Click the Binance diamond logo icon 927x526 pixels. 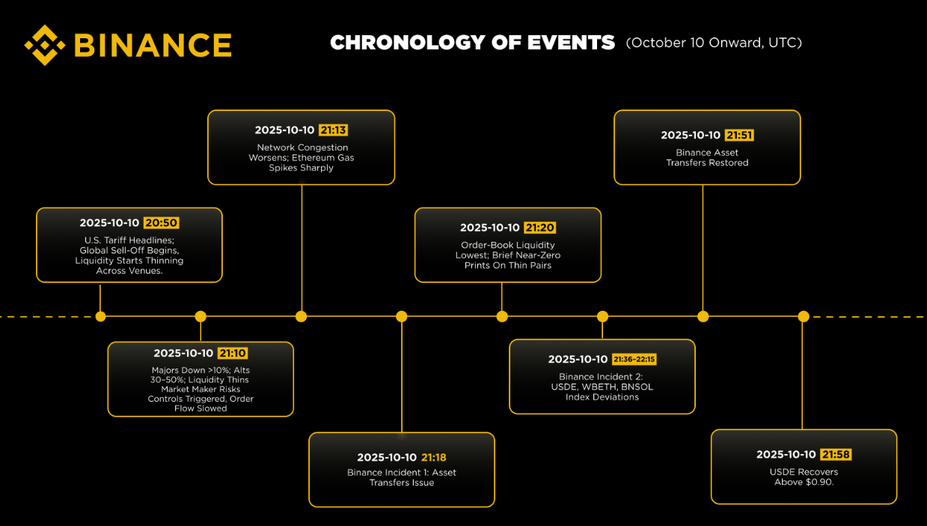(45, 45)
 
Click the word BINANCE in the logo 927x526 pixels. (153, 45)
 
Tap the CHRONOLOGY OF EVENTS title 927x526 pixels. (472, 43)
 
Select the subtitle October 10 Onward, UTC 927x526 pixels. (714, 43)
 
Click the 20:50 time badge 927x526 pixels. (162, 223)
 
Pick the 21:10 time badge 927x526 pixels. (233, 354)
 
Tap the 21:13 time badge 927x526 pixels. (333, 130)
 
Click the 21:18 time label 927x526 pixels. (434, 458)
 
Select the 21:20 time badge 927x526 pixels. (540, 228)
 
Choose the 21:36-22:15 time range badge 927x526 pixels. (634, 360)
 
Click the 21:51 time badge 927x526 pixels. (739, 136)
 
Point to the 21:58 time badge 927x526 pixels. (836, 455)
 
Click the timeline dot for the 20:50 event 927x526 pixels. (100, 316)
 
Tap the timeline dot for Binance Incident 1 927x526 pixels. (402, 316)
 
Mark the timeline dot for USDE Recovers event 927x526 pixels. (803, 316)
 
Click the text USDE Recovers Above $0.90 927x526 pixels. (804, 477)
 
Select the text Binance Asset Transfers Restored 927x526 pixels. (707, 157)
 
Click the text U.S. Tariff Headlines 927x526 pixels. (129, 240)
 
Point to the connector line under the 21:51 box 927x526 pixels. (703, 247)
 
